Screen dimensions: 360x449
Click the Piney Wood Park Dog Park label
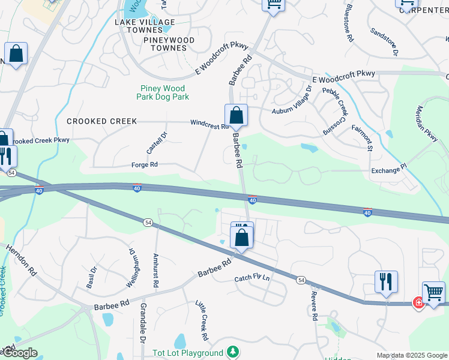click(x=163, y=92)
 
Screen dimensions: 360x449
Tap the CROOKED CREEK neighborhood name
click(x=102, y=121)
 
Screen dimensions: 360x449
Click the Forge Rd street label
click(x=144, y=164)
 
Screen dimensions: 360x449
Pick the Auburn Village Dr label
click(x=292, y=101)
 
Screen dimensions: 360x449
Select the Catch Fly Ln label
click(x=252, y=278)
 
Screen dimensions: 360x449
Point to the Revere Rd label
click(x=313, y=307)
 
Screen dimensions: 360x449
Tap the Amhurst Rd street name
click(x=155, y=274)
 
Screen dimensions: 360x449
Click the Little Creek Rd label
click(x=202, y=317)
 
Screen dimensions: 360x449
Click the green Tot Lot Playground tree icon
click(x=232, y=353)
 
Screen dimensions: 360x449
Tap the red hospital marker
click(x=418, y=303)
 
